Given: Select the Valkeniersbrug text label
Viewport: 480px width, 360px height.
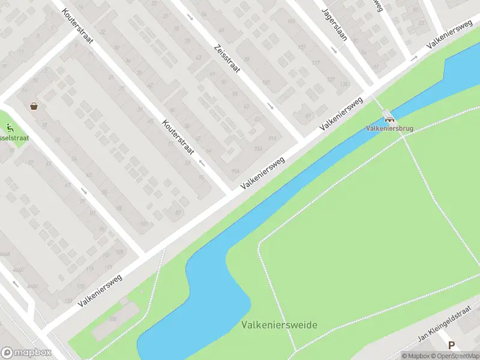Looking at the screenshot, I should point(386,128).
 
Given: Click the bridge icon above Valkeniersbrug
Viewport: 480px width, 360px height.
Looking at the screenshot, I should point(388,119).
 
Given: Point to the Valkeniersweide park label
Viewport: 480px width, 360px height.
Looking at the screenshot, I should point(279,325).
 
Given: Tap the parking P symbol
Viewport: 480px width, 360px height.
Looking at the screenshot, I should point(451,345).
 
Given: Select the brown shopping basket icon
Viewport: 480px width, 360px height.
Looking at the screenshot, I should point(34,106).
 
